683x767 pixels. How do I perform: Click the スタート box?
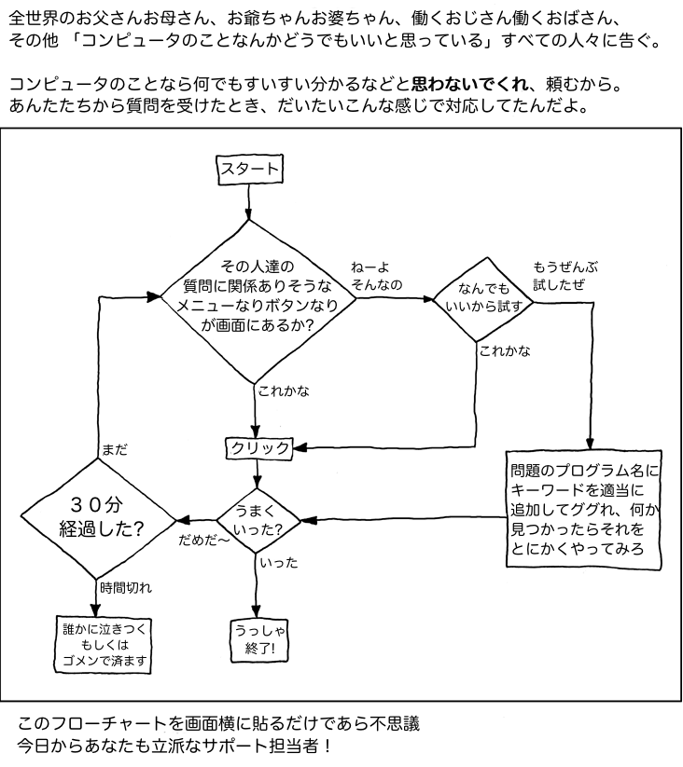(x=248, y=169)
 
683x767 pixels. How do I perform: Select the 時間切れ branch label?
(x=125, y=588)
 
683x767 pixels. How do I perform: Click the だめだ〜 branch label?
(x=203, y=540)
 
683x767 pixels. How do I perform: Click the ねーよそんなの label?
(x=376, y=276)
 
